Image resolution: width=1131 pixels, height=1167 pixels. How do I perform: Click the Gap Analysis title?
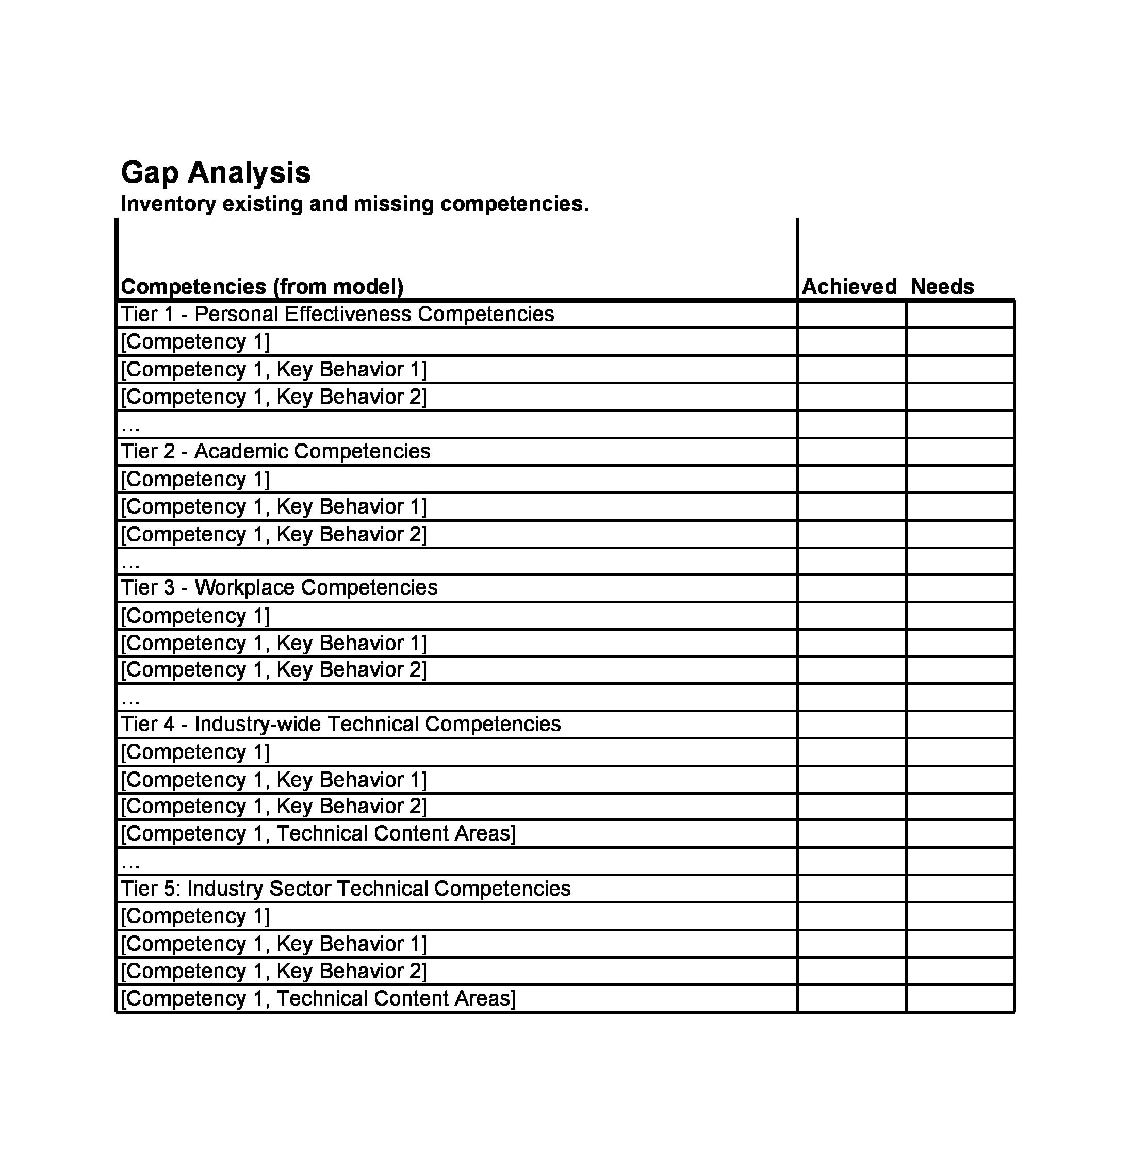pos(216,173)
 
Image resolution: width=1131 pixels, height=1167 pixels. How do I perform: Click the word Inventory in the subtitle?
pos(168,204)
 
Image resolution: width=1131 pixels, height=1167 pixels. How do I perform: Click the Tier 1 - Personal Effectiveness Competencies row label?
pos(337,314)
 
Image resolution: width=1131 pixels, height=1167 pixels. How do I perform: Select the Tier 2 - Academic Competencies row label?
pos(275,451)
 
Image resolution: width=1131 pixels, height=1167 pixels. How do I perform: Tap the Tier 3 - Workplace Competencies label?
pos(278,588)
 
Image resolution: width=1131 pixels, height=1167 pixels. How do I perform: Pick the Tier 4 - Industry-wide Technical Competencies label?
pos(341,724)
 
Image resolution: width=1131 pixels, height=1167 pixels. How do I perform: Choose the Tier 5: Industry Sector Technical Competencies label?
pos(346,889)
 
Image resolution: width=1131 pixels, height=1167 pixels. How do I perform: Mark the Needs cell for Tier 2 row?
pos(960,452)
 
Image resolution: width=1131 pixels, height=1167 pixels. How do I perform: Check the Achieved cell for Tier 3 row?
pos(851,588)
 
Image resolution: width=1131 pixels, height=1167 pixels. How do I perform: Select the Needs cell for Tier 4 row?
pos(960,725)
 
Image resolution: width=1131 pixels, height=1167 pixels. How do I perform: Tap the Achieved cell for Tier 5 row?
pos(851,889)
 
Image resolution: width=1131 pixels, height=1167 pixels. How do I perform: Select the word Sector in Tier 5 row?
pos(300,889)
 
